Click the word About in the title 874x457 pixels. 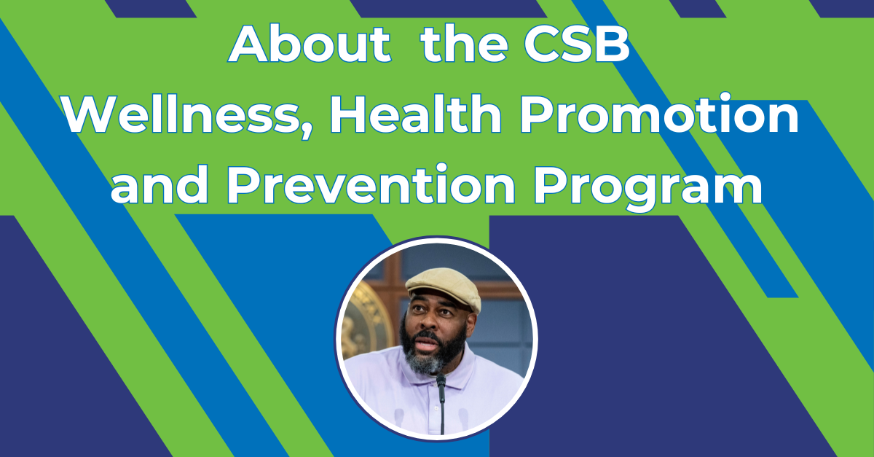click(310, 43)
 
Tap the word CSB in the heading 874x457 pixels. click(577, 43)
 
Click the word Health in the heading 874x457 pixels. click(416, 114)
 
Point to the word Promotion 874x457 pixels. click(659, 114)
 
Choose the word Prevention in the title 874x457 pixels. click(371, 184)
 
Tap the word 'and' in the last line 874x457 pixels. click(160, 184)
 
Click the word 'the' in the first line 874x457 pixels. click(465, 43)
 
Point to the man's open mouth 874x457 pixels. click(427, 344)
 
